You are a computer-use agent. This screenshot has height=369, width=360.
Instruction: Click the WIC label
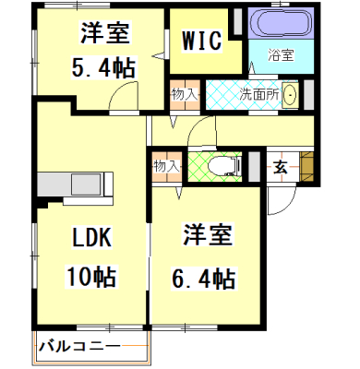click(201, 42)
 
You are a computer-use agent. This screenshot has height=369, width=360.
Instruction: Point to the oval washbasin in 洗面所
click(290, 94)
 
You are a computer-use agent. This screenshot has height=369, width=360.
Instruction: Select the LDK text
click(91, 238)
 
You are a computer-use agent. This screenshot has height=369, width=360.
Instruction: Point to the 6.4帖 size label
click(202, 277)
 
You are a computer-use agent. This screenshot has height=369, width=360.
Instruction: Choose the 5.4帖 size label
click(102, 66)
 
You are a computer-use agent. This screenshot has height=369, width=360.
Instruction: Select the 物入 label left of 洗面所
click(184, 94)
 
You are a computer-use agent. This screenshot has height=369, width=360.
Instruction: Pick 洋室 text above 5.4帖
click(102, 33)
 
